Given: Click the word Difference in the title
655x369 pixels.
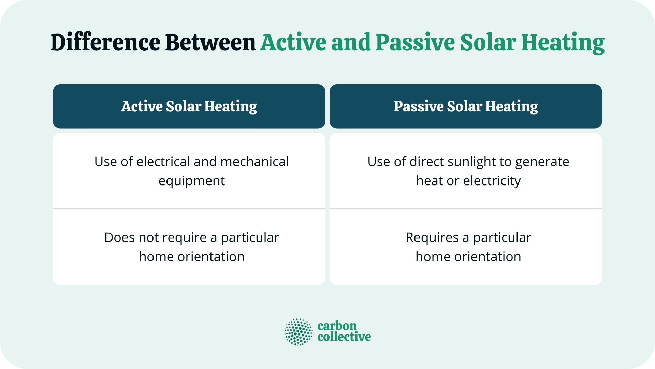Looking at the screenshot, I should click(x=105, y=43).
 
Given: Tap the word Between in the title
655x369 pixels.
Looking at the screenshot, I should click(x=210, y=43).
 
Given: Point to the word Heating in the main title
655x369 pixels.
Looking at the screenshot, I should click(x=563, y=43).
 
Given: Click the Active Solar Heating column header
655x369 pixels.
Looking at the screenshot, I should click(x=189, y=107).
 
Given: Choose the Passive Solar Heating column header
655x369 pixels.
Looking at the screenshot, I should click(x=466, y=107).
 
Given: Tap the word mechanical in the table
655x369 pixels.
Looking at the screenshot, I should click(x=254, y=162).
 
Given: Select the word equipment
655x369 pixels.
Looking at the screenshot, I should click(x=191, y=181).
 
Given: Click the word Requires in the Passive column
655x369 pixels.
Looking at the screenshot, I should click(x=432, y=238).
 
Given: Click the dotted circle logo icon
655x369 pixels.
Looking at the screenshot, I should click(x=299, y=332).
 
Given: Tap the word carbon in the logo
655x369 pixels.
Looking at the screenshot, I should click(x=337, y=326).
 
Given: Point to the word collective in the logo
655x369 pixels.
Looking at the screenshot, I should click(x=344, y=337).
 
